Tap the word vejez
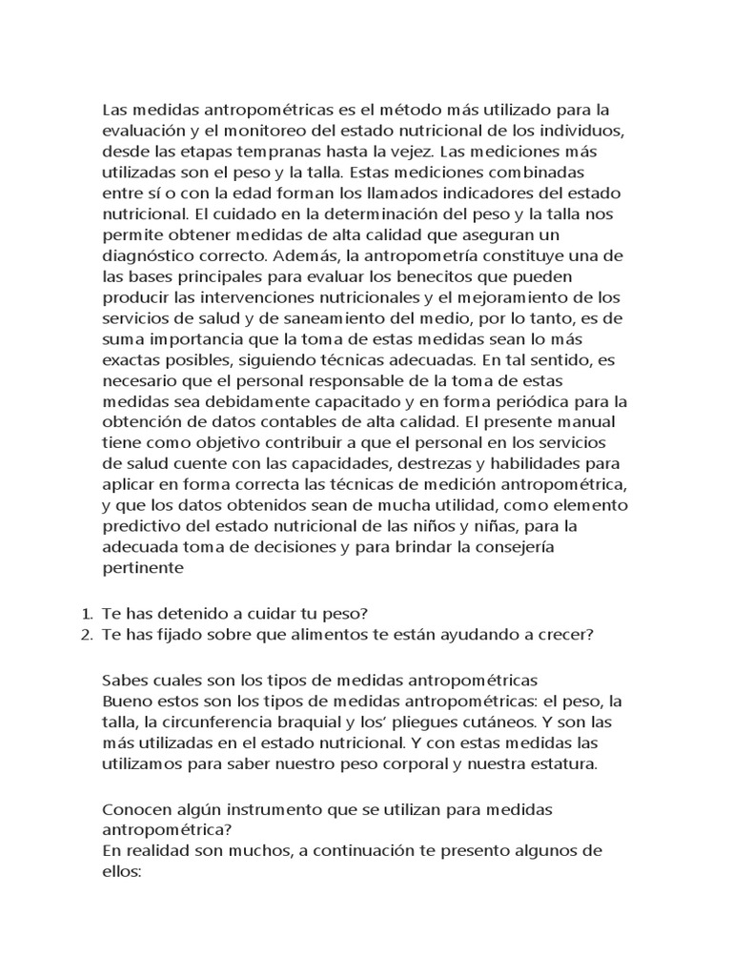click(404, 152)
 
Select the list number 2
click(83, 636)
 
